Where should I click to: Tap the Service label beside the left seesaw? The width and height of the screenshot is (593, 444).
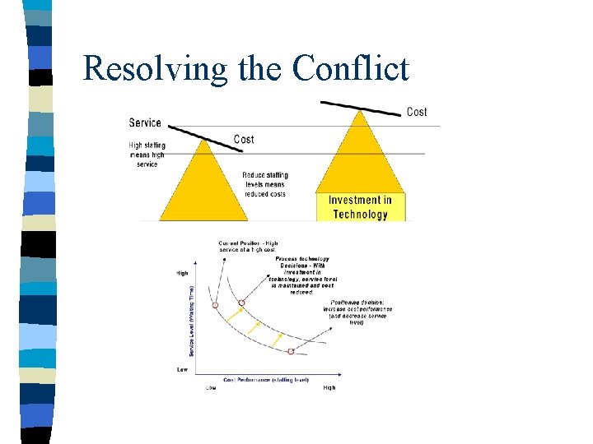pos(145,123)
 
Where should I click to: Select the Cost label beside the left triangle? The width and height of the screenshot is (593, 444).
pos(244,139)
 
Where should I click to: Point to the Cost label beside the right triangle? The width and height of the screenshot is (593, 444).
pos(417,112)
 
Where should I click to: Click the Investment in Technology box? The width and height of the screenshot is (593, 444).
pos(360,207)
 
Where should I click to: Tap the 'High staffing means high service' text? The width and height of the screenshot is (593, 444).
pos(147,155)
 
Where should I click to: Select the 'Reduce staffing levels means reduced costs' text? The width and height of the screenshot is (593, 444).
pos(264,184)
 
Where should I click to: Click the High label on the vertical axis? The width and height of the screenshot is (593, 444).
pos(183,273)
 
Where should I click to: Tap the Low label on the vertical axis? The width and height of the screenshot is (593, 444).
pos(183,369)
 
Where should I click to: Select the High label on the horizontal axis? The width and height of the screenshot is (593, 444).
pos(329,387)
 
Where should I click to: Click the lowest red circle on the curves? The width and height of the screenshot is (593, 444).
pos(291,351)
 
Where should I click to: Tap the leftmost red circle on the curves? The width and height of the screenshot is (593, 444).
pos(216,305)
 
